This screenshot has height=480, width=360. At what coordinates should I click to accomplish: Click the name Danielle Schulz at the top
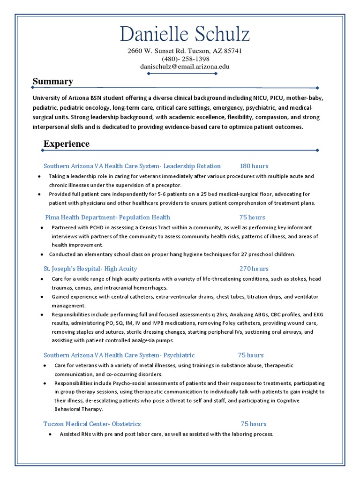click(x=184, y=35)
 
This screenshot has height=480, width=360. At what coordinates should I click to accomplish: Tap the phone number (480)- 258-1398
click(x=186, y=59)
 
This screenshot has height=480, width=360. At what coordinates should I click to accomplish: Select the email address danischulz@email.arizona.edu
click(x=185, y=67)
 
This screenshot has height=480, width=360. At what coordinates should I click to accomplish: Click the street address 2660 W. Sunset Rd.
click(x=157, y=51)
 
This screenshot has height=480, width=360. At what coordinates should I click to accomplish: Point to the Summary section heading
click(x=52, y=82)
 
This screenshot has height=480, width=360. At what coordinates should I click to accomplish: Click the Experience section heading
click(x=67, y=143)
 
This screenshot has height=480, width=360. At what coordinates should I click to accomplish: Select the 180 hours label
click(x=254, y=166)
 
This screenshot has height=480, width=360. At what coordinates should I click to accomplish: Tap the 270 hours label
click(x=254, y=269)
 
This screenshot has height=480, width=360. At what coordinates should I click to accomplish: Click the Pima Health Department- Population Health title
click(x=108, y=217)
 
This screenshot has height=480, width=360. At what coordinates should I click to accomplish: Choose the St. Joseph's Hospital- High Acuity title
click(x=90, y=269)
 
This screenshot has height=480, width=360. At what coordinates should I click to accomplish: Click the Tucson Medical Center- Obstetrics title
click(x=92, y=424)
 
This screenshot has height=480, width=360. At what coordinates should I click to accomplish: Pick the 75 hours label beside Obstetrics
click(x=254, y=424)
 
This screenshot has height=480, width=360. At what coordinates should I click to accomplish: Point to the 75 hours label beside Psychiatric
click(x=251, y=355)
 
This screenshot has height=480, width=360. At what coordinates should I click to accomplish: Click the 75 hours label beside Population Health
click(x=252, y=217)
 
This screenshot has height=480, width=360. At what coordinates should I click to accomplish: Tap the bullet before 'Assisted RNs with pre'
click(x=50, y=435)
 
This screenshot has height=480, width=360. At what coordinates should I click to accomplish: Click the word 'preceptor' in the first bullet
click(x=167, y=185)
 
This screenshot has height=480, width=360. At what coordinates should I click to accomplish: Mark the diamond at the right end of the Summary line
click(x=317, y=88)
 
